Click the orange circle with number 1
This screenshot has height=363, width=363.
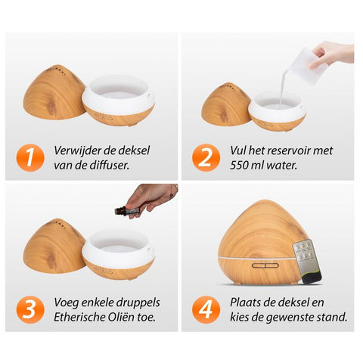30,158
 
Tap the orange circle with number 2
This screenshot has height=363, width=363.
206,158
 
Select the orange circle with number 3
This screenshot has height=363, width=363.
30,309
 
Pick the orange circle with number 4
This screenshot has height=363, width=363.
206,309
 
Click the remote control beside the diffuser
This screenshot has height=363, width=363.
308,262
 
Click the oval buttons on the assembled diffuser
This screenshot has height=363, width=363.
265,265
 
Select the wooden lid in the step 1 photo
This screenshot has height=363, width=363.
54,92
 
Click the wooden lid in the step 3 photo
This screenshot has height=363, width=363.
54,247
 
